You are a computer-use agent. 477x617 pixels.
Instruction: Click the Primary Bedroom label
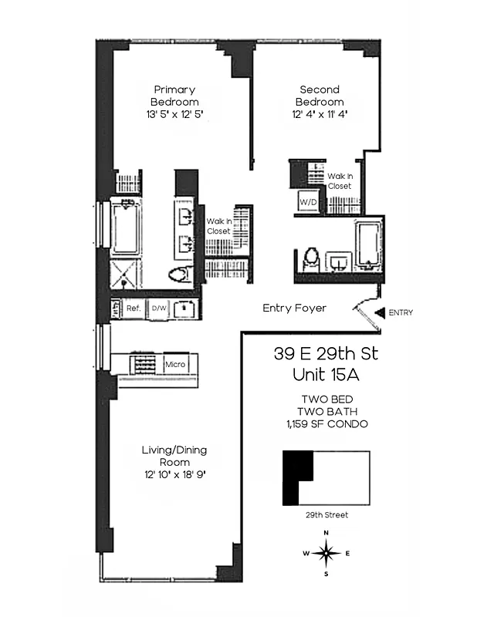click(175, 96)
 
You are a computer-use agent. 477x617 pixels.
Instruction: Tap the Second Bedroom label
click(321, 96)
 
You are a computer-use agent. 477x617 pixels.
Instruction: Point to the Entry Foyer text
click(294, 308)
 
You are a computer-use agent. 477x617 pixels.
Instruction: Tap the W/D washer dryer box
click(307, 203)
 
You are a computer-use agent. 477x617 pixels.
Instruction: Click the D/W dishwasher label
click(159, 308)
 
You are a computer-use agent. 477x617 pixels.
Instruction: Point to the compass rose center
click(327, 552)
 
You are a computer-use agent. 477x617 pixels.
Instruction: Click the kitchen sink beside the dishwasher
click(184, 308)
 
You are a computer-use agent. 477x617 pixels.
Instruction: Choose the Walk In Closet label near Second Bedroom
click(340, 181)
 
